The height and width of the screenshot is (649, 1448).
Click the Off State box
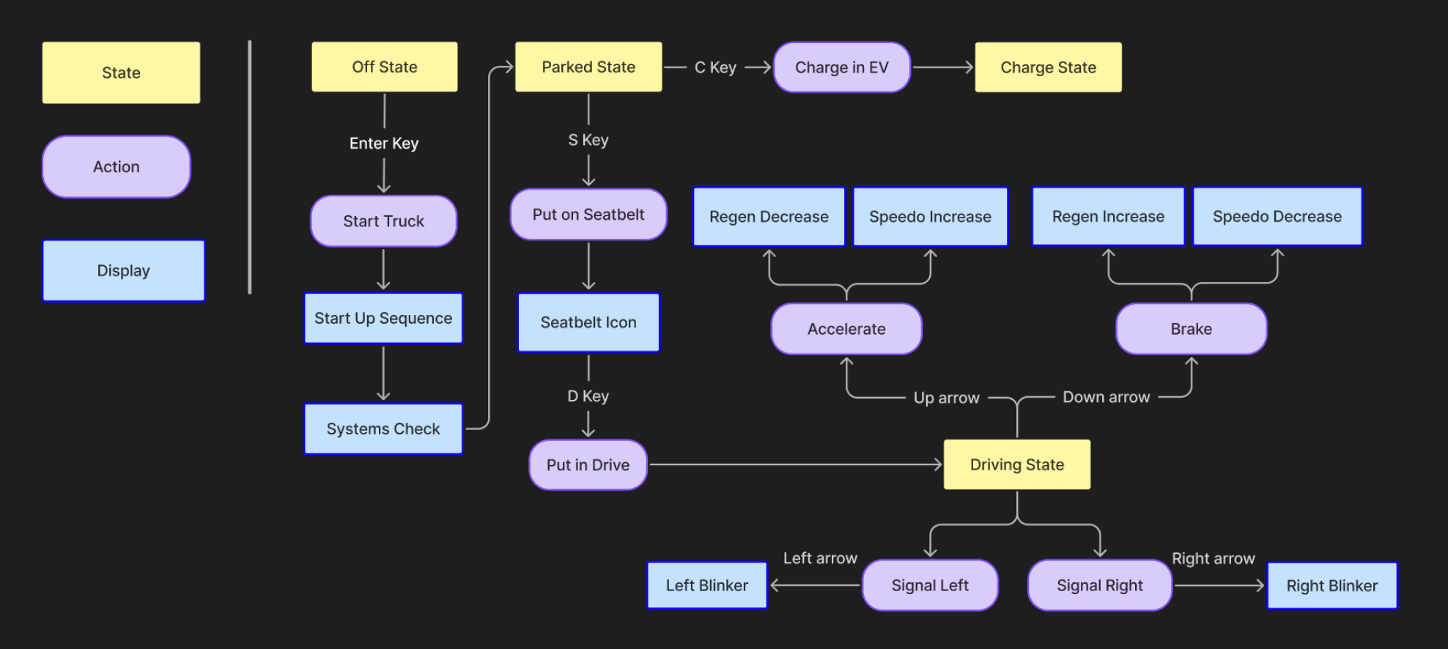pos(384,67)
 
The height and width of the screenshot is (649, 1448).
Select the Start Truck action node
pos(383,221)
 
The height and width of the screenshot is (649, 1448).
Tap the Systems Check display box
pos(383,429)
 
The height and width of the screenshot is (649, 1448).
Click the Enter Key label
pos(384,144)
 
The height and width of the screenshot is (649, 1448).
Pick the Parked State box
pos(588,67)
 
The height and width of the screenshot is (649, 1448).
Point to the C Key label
pos(715,67)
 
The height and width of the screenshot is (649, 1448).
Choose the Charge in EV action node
pos(841,67)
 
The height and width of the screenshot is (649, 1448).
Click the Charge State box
pos(1048,67)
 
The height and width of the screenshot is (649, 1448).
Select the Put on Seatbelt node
pos(588,215)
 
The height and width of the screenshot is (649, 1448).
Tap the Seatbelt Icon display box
pos(588,322)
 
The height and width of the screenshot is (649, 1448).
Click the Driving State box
pos(1016,464)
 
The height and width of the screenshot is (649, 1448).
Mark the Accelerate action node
pos(846,329)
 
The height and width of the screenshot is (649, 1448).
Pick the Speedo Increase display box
pos(930,217)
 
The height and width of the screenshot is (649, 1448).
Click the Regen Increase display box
pos(1108,217)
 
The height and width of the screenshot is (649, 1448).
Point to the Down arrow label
pos(1106,397)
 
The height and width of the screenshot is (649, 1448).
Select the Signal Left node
pos(930,585)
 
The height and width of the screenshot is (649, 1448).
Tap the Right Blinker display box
pos(1331,586)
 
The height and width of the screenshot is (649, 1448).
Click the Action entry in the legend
pos(117,167)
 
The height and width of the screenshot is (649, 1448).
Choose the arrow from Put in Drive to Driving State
pos(795,464)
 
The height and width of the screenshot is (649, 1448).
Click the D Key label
pos(588,396)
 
